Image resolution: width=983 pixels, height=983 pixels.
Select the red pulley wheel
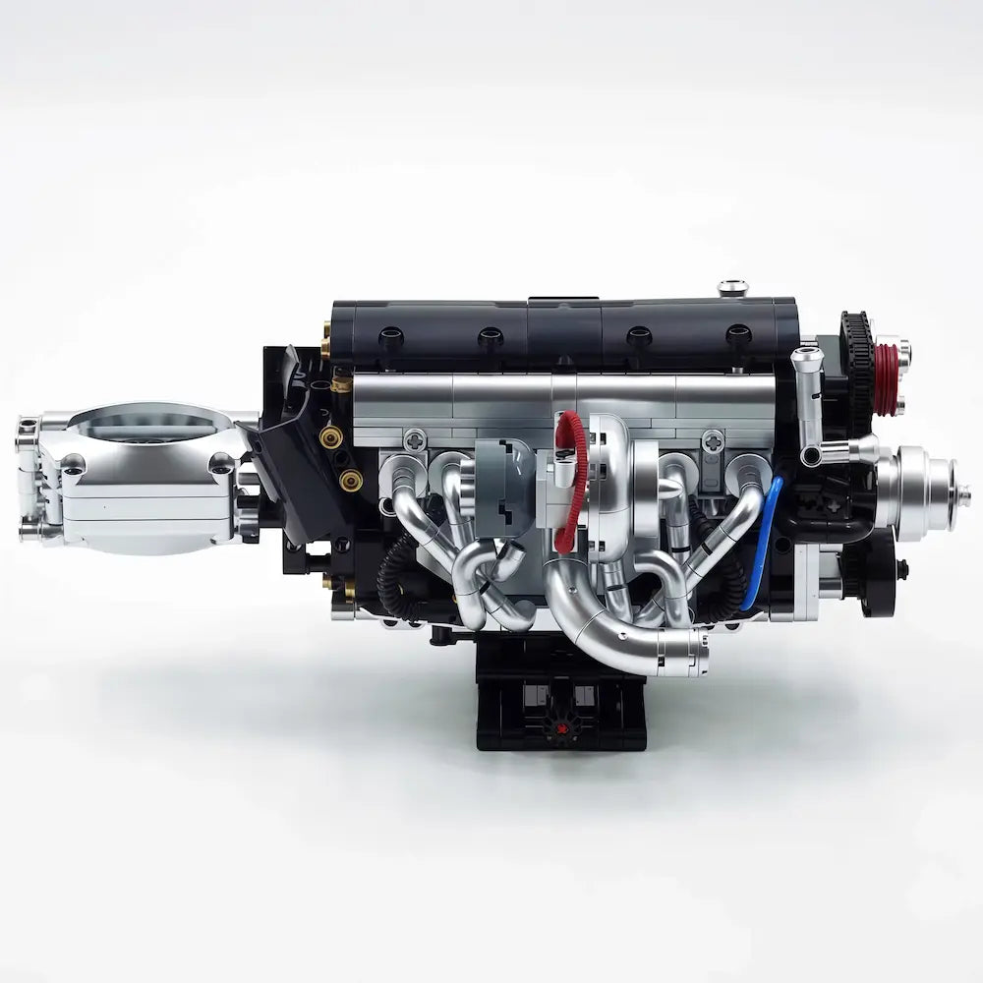[x=888, y=378]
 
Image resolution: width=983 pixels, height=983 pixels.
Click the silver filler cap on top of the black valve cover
[x=732, y=288]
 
